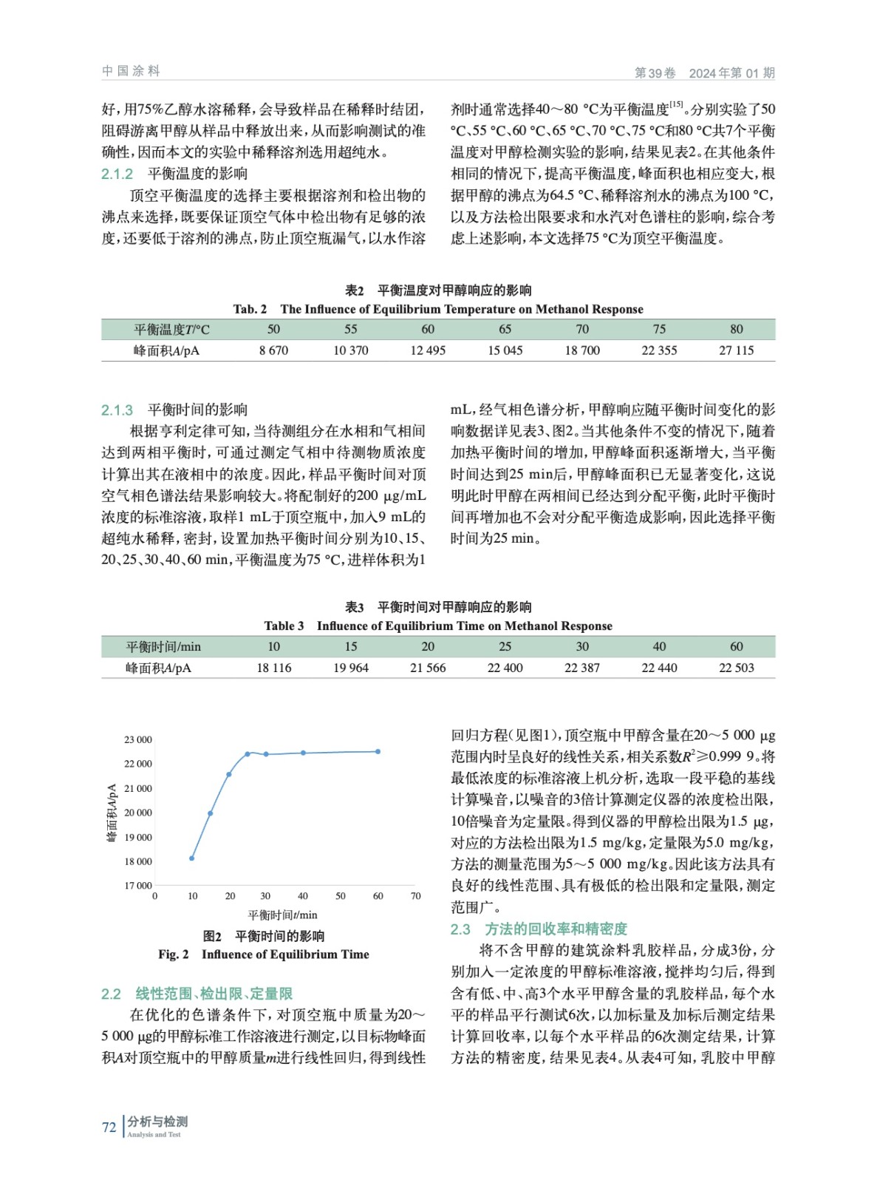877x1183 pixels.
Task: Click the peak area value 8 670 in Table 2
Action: point(273,350)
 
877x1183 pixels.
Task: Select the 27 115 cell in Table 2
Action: point(736,350)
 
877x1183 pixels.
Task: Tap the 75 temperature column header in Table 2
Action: point(659,329)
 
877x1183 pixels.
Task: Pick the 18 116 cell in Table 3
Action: point(273,668)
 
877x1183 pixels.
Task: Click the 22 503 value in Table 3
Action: point(736,668)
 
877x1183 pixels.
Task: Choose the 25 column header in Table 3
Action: point(505,646)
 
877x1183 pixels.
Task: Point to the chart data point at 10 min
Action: point(192,858)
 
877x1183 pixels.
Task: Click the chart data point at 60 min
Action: point(378,752)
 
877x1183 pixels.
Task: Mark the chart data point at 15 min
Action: point(211,813)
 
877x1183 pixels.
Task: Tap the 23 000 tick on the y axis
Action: point(137,739)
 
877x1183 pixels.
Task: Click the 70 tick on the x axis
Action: point(415,896)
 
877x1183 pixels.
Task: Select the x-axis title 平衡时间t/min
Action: point(282,915)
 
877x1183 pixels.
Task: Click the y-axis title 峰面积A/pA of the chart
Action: point(112,813)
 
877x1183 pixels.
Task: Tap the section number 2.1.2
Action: point(117,174)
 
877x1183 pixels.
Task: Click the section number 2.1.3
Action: point(117,410)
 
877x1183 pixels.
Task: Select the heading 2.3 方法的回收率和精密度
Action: point(539,929)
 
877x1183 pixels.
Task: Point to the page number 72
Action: point(109,1127)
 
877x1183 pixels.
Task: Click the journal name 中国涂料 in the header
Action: point(131,71)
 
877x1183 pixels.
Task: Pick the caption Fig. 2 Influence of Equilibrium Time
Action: point(264,955)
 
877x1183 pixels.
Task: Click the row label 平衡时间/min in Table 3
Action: point(163,646)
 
